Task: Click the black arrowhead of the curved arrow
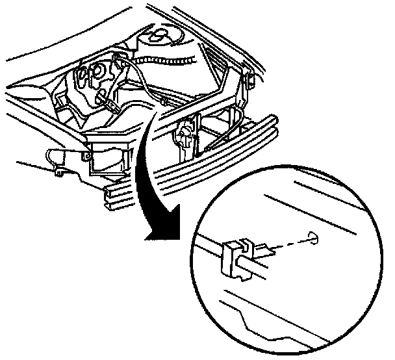160,230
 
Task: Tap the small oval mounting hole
313,238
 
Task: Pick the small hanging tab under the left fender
58,173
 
